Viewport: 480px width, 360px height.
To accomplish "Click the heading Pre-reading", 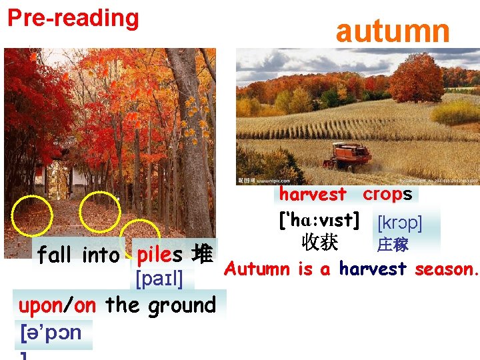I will [x=73, y=18].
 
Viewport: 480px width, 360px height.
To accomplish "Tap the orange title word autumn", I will [x=393, y=31].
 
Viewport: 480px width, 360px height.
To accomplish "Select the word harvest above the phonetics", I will [x=313, y=194].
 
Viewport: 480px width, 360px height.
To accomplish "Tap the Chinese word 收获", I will [x=319, y=242].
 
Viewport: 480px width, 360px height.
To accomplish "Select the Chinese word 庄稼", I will [x=393, y=245].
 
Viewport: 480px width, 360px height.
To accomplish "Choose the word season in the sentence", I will [x=446, y=269].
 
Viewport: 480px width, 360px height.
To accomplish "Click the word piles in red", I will [x=159, y=255].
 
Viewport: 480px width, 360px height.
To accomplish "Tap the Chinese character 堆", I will [x=202, y=255].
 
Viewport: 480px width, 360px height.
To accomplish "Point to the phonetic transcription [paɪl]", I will [x=159, y=278].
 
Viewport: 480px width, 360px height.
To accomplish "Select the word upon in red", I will [x=41, y=305].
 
